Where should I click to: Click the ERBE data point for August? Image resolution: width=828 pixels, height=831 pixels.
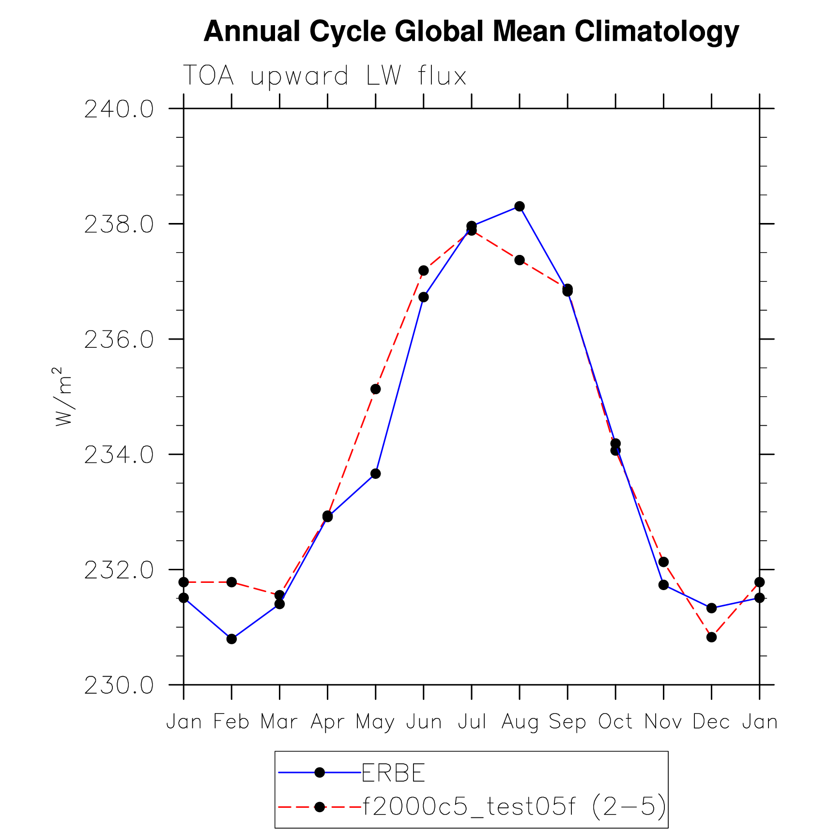click(x=519, y=207)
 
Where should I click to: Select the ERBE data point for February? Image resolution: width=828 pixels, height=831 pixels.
click(x=231, y=639)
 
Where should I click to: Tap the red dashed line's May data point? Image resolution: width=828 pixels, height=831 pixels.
click(x=375, y=389)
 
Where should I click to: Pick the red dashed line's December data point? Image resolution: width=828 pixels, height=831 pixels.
click(x=711, y=637)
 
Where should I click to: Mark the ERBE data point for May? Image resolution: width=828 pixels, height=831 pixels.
click(x=375, y=474)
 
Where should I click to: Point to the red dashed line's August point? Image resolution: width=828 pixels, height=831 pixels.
click(x=519, y=260)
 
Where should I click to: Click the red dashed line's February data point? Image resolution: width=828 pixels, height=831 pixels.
click(x=231, y=582)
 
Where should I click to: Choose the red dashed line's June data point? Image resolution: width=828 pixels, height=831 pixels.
click(x=423, y=270)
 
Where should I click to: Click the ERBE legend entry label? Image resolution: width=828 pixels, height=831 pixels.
click(x=393, y=772)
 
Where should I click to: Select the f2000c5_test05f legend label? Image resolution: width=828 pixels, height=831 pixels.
click(x=514, y=806)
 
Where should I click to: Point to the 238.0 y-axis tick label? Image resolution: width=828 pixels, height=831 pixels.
click(x=119, y=225)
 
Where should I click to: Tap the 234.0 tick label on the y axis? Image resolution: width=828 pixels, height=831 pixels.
click(x=119, y=455)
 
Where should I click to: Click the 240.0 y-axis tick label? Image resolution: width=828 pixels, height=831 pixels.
click(x=119, y=109)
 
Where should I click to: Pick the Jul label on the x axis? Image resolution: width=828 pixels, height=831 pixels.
click(x=472, y=722)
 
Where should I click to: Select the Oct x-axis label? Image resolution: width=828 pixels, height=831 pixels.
click(x=615, y=722)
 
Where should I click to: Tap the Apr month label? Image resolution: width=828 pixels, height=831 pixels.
click(x=327, y=722)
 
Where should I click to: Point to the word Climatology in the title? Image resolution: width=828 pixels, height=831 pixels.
click(x=657, y=32)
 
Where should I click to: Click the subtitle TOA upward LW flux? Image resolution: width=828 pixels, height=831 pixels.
click(x=324, y=76)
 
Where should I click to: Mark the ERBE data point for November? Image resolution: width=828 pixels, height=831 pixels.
click(x=663, y=585)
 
